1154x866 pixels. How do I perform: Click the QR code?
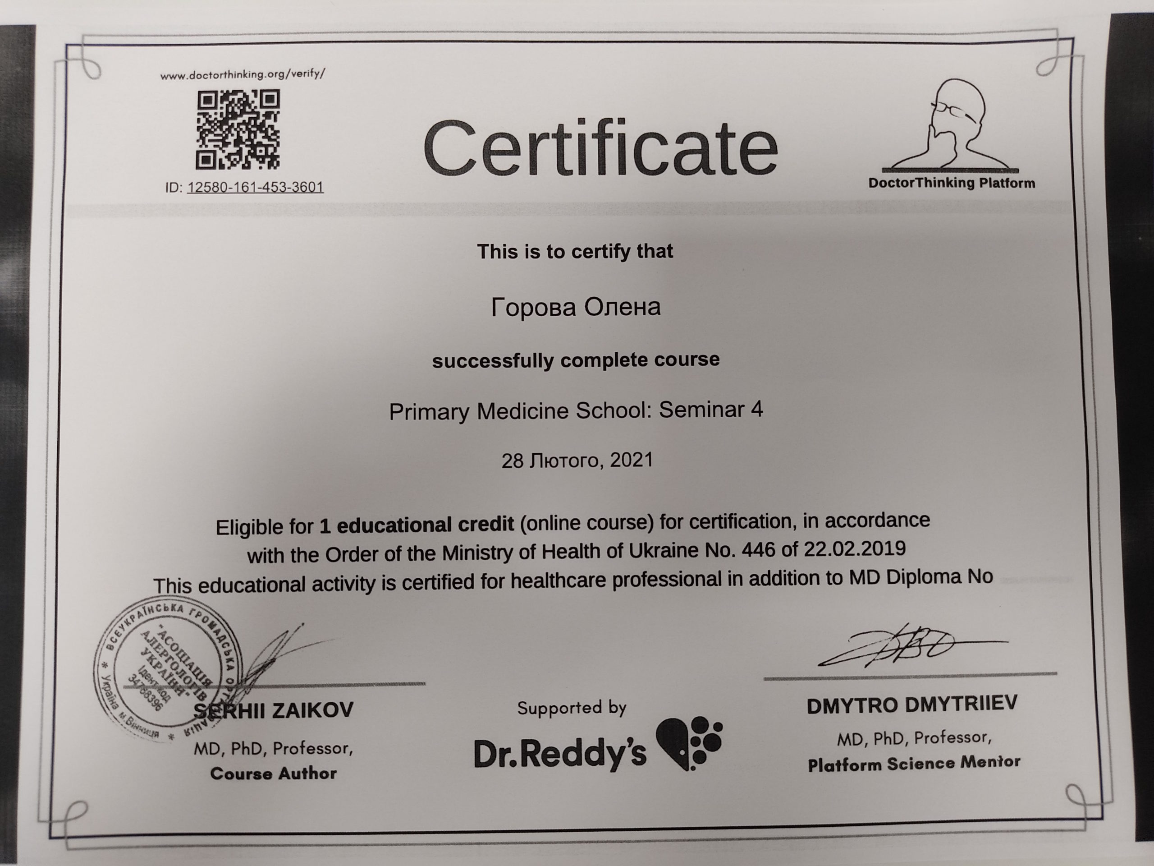click(x=238, y=129)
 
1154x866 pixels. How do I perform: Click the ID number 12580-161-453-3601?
click(x=255, y=187)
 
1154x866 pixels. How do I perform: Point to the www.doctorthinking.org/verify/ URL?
click(x=243, y=74)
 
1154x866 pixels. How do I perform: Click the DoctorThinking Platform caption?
click(x=951, y=183)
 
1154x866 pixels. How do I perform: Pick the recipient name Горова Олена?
click(x=576, y=307)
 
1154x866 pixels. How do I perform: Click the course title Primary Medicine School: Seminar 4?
click(x=576, y=411)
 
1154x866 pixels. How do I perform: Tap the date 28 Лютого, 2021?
click(x=577, y=461)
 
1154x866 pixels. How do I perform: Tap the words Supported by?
click(x=572, y=708)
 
